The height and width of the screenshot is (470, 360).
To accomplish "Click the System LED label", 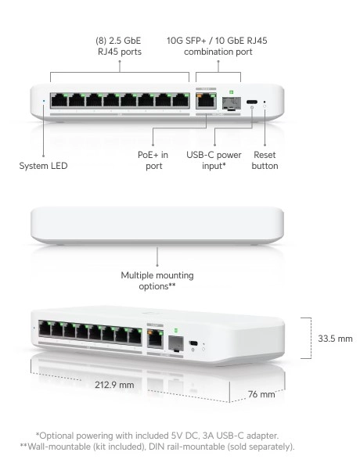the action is point(43,166).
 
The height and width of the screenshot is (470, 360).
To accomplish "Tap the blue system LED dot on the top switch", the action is point(44,101).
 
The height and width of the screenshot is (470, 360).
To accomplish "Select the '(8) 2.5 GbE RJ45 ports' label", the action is point(119,46).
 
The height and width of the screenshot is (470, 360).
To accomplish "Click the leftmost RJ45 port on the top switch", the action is point(59,100).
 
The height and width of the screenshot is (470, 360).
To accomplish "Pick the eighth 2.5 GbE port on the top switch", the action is point(181,100).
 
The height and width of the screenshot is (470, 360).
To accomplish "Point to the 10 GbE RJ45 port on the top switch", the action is point(206,101).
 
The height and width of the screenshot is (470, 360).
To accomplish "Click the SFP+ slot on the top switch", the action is point(232,103).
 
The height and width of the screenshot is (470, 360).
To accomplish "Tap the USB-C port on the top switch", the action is point(252,102).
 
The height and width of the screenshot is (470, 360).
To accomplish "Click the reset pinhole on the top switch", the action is point(265,102).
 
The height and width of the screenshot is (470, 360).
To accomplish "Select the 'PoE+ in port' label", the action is point(153,160).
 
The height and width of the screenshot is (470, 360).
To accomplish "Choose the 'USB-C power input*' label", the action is point(214,160).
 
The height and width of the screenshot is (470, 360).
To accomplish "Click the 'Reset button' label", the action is point(265,160).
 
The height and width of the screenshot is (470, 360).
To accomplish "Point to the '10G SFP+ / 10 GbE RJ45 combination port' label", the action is point(217,46).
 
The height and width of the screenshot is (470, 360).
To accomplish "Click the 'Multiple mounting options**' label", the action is point(157,281).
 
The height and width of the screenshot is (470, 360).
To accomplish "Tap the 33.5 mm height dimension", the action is point(335,339).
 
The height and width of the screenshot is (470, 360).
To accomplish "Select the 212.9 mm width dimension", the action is point(114,385).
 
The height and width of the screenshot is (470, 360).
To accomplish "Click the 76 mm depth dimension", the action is point(261,394).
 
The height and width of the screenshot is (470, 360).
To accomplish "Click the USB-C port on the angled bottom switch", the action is point(193,343).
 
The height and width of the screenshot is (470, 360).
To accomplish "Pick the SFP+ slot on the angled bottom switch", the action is point(176,343).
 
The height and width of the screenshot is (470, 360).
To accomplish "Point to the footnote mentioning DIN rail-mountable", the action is point(157,447).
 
